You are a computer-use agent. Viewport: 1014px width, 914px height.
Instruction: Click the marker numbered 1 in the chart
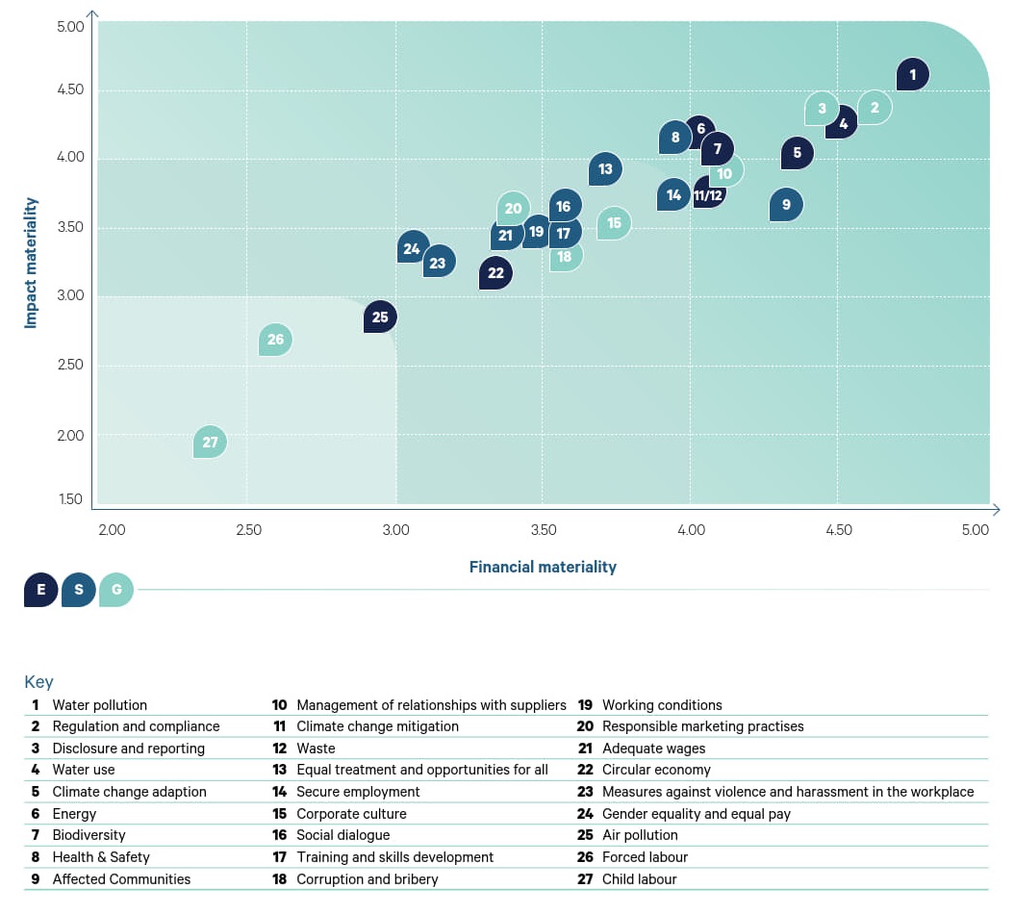tap(912, 74)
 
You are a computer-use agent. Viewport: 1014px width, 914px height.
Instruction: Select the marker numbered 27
tap(210, 443)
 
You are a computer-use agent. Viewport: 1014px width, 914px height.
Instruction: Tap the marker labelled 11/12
tap(708, 195)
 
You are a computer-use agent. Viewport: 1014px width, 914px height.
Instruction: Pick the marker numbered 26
tap(276, 340)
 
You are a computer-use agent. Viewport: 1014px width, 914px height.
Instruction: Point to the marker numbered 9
tap(786, 204)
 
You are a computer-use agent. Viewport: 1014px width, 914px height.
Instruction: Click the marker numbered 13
tap(605, 169)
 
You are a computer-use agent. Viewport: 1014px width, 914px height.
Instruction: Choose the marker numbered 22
tap(495, 273)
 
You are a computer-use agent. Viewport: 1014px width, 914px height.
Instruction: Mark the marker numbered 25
tap(380, 317)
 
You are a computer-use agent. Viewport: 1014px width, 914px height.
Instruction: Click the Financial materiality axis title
tap(543, 567)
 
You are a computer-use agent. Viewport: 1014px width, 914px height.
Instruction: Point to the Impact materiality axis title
tap(32, 263)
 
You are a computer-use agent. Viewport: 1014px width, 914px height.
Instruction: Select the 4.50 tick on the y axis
tap(70, 90)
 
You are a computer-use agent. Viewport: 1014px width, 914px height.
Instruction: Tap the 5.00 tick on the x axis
tap(975, 530)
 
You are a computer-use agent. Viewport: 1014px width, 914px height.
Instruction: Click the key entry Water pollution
tap(99, 705)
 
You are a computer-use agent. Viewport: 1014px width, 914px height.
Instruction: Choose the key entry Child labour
tap(639, 878)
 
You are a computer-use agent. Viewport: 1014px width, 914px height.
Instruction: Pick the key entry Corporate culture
tap(351, 814)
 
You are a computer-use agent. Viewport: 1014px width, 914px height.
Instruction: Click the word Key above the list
tap(38, 682)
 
